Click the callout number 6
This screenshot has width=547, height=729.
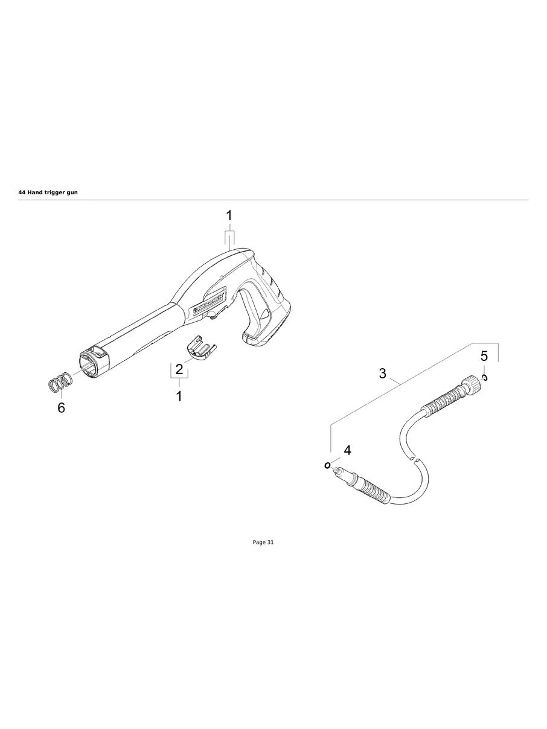[61, 408]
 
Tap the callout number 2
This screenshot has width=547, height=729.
[179, 369]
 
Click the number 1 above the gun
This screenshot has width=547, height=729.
[229, 215]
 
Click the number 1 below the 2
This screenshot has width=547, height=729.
[179, 396]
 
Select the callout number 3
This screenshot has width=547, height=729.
[382, 374]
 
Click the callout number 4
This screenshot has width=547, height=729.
[347, 450]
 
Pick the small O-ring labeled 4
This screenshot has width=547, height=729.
[327, 465]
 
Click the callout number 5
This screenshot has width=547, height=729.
[484, 356]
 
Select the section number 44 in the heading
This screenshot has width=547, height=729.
[22, 192]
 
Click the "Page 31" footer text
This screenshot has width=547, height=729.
[263, 543]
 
